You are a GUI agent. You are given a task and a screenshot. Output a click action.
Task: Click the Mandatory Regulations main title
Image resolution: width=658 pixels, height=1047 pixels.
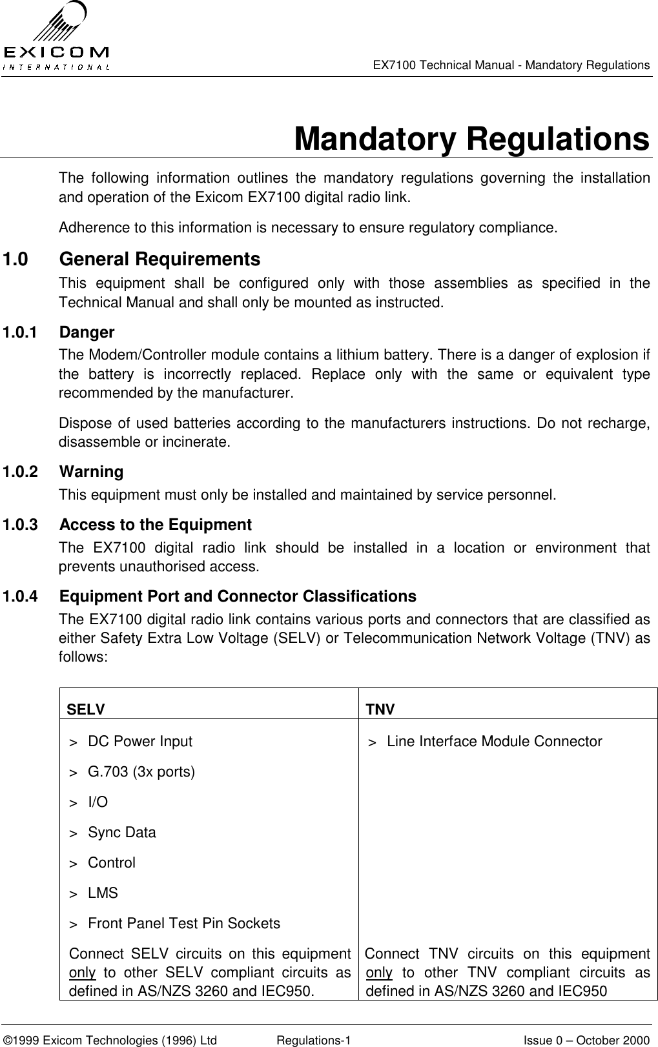(471, 139)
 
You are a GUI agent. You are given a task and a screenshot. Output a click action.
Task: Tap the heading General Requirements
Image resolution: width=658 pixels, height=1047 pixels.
(159, 259)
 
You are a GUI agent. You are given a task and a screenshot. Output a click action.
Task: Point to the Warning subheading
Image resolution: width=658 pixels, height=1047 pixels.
(91, 472)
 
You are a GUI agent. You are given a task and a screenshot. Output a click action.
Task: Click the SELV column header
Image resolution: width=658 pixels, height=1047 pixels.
(86, 710)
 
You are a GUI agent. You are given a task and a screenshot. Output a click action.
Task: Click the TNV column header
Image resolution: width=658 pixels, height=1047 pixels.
(380, 710)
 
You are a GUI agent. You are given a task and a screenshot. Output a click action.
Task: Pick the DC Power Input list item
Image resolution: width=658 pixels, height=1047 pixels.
(139, 742)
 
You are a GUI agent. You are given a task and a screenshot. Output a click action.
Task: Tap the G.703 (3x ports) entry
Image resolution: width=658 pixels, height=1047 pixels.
(141, 772)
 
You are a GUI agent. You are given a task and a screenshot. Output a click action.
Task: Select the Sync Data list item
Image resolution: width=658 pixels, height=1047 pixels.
(121, 833)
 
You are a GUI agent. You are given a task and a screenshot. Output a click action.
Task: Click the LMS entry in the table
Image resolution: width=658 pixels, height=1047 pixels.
(103, 893)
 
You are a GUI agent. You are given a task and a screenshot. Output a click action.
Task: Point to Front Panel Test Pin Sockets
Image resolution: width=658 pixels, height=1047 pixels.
(183, 924)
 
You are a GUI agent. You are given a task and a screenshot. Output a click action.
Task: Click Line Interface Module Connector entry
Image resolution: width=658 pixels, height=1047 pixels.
(494, 742)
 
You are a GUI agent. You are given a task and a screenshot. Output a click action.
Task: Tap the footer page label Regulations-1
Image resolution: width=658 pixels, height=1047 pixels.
(313, 1035)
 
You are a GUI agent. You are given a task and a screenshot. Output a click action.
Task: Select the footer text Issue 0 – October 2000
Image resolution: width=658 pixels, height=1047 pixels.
(586, 1035)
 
